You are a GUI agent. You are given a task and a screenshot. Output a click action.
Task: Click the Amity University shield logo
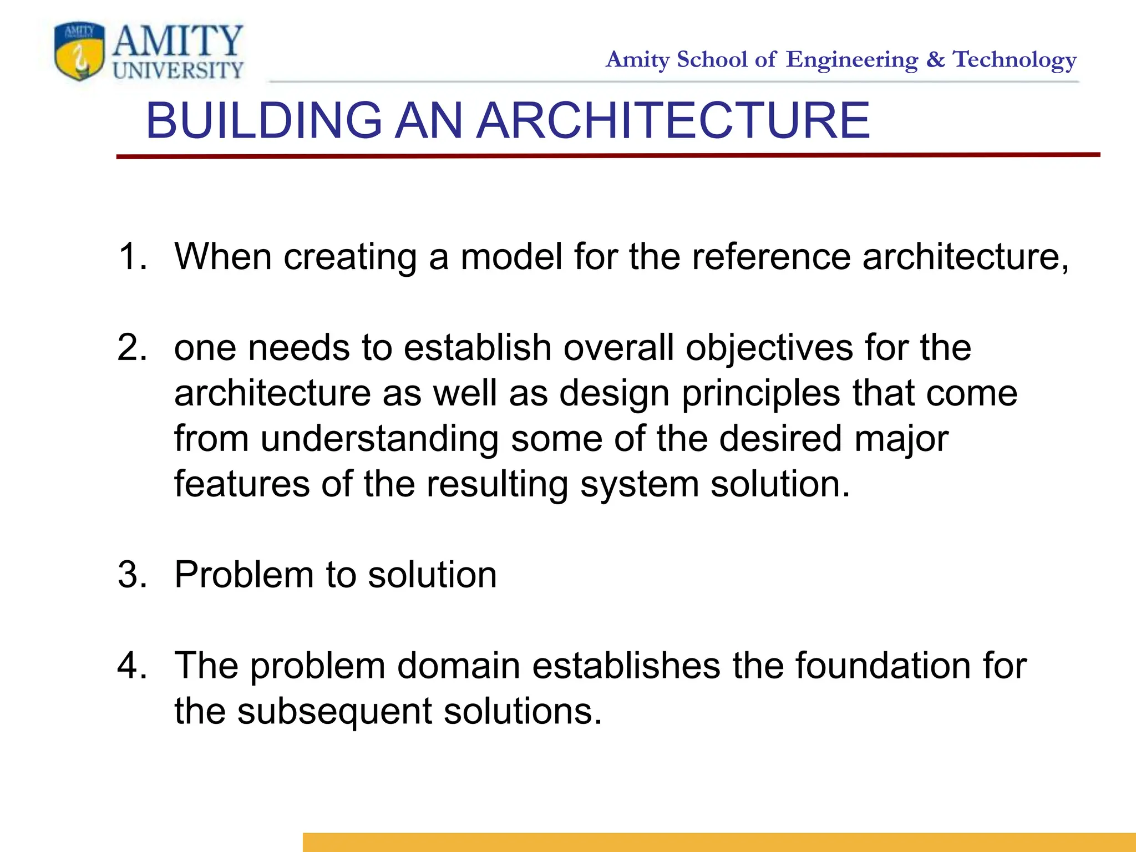click(79, 52)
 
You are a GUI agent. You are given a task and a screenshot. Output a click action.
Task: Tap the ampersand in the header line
click(935, 59)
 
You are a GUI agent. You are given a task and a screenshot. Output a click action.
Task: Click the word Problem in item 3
click(244, 575)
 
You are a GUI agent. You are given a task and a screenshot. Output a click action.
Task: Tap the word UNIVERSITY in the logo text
click(177, 71)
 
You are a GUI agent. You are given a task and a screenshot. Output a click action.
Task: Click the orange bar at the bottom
click(719, 842)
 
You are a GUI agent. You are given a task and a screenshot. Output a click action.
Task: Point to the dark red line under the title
click(608, 156)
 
